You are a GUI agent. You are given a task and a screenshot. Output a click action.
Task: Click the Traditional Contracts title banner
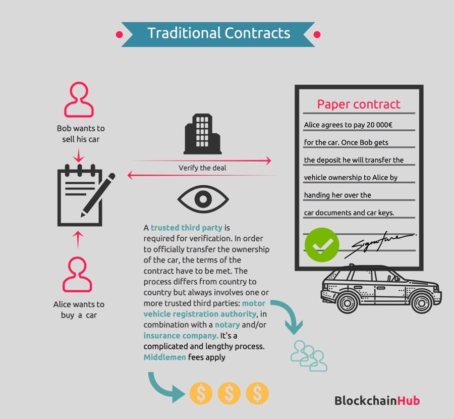tap(218, 34)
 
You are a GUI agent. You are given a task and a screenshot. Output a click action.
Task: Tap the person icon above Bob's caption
tap(78, 100)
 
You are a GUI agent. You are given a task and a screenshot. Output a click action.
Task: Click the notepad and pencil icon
tap(84, 194)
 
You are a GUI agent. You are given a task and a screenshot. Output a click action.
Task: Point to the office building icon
tap(201, 133)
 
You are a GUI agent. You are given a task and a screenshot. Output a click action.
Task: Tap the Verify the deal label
tap(202, 168)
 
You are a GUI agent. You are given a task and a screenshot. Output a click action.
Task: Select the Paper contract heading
tap(358, 104)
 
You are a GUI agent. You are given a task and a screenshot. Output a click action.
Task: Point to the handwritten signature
tap(382, 243)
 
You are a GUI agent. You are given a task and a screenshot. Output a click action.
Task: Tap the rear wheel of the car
tap(347, 302)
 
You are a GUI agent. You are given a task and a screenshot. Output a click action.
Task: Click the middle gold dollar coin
tap(229, 393)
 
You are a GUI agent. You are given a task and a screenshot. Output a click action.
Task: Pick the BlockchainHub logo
tap(377, 401)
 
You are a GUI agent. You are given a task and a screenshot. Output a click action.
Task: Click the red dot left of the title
tap(120, 35)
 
